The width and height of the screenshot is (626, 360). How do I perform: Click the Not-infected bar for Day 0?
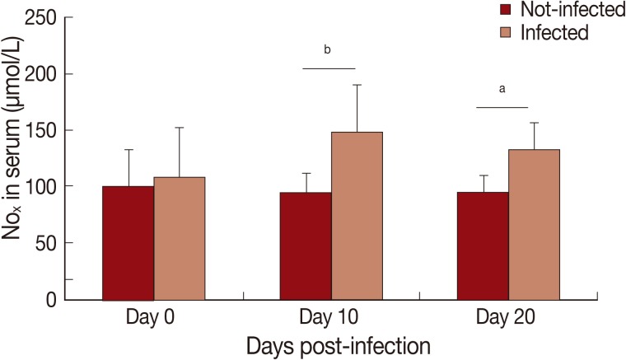(x=128, y=243)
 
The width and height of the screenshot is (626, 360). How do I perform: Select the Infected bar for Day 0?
(x=180, y=239)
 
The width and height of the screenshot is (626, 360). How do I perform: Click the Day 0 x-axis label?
(x=153, y=317)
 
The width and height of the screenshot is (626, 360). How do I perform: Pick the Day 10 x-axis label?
(x=331, y=317)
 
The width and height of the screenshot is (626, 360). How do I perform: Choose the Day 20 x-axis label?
(x=507, y=317)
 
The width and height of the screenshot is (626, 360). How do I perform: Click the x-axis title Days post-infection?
(x=330, y=344)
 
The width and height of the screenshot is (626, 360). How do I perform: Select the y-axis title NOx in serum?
(x=15, y=157)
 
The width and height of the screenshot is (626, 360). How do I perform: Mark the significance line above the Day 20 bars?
(x=502, y=107)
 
